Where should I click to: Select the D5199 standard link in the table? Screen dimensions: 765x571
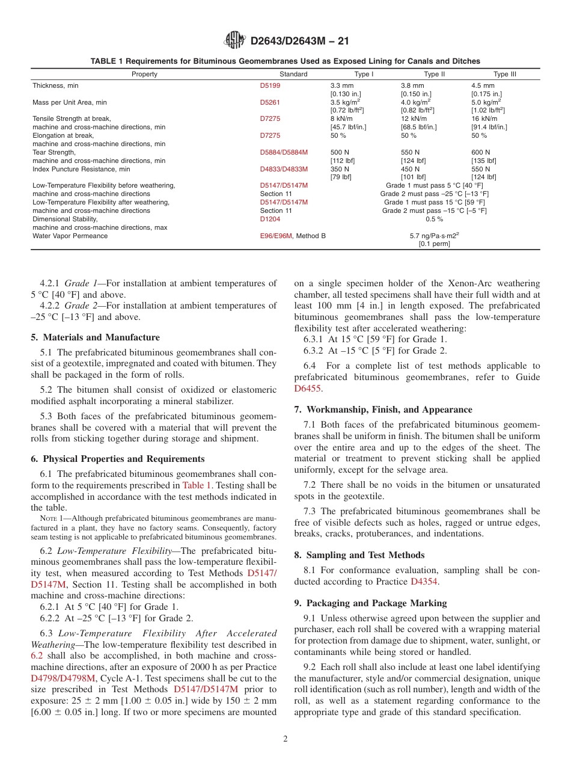coord(270,86)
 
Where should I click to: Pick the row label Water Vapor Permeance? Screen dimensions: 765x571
coord(70,236)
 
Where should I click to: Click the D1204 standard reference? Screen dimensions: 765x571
coord(270,219)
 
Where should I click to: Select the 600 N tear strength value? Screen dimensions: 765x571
coord(480,153)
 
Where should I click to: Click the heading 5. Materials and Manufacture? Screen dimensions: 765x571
coord(95,337)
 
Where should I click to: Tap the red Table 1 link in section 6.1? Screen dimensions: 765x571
coord(197,485)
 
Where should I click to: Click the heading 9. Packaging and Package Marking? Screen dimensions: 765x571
coord(370,603)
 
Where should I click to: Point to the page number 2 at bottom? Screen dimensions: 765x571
coord(285,739)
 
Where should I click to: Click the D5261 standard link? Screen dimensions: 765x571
coord(270,103)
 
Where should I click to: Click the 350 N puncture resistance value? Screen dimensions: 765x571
coord(340,169)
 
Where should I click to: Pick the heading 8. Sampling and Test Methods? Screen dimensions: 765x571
coord(359,555)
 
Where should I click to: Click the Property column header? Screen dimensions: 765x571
coord(144,74)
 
